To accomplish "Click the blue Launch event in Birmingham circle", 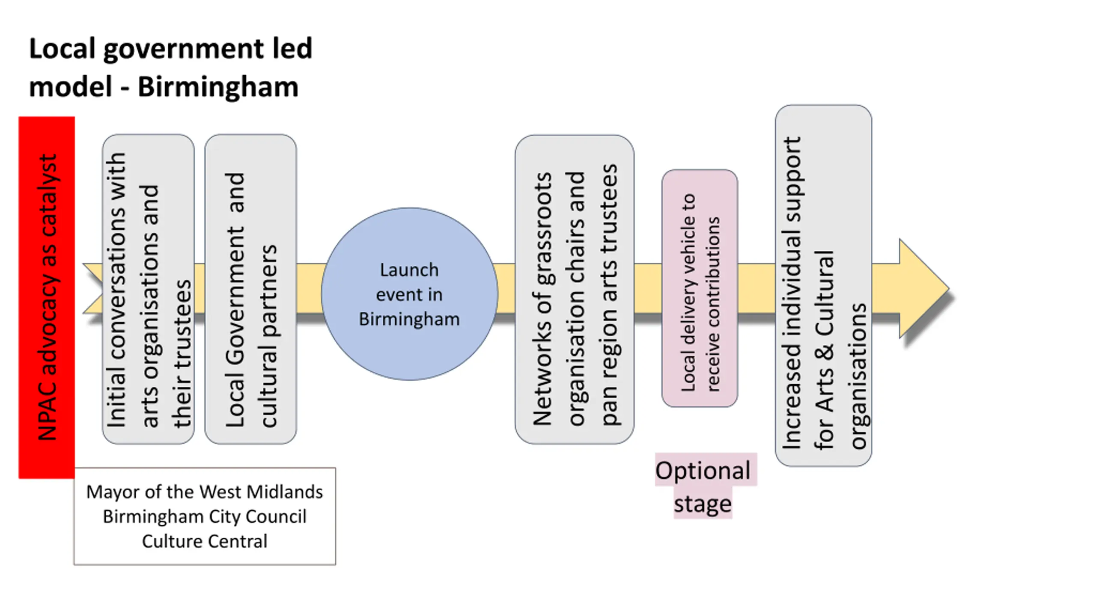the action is pos(409,294).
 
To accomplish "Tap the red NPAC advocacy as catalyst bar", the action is pos(47,297).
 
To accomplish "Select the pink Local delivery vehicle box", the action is pos(700,288).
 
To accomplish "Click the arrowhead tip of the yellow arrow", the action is pos(949,289).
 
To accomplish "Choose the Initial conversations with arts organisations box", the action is pos(148,289).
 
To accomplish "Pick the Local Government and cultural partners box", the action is pos(250,289).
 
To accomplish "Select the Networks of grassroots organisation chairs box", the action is pos(575,289).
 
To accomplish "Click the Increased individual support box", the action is pos(823,286).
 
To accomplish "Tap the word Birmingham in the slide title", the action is pos(218,87).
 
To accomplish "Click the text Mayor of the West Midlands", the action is pos(205,492).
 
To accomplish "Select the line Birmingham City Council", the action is pos(205,517).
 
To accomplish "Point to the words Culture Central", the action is pos(205,541).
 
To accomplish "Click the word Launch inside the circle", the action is pos(409,270).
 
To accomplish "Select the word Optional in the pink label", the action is pos(703,471).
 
